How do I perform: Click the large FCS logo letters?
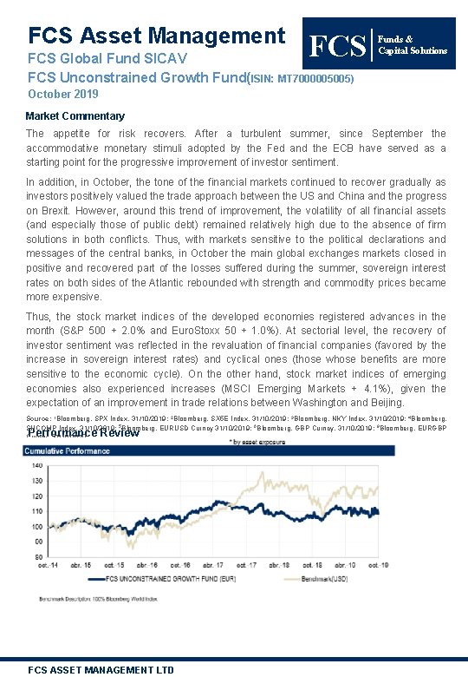click(x=337, y=46)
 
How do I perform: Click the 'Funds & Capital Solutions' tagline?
click(x=413, y=44)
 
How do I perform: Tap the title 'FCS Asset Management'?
click(x=157, y=36)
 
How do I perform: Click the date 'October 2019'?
click(x=63, y=94)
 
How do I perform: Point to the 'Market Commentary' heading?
click(x=75, y=115)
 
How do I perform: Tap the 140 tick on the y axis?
click(x=37, y=465)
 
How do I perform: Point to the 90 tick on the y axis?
click(x=37, y=542)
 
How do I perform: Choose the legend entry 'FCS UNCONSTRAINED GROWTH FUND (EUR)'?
click(x=164, y=576)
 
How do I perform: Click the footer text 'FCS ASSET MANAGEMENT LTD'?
click(x=101, y=669)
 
